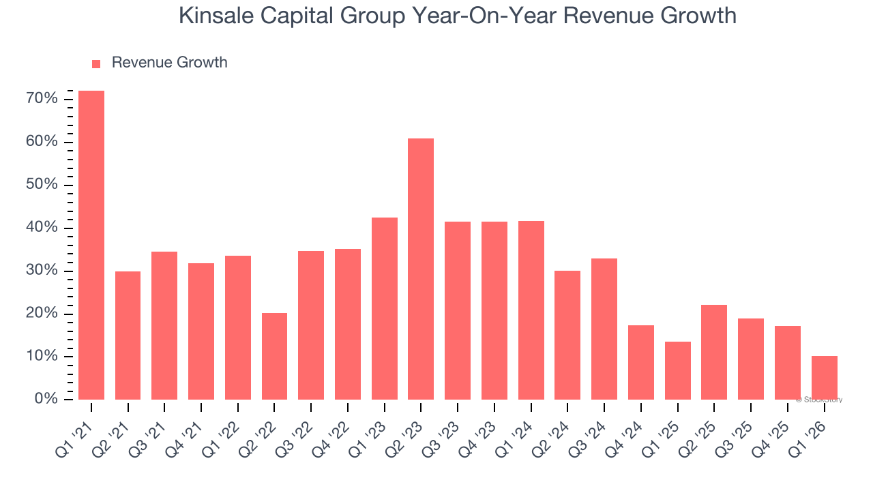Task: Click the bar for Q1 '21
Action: [x=91, y=245]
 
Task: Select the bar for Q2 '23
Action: [x=421, y=269]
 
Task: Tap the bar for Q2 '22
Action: [x=274, y=356]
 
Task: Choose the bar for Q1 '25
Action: [x=677, y=370]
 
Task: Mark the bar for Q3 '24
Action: [x=604, y=329]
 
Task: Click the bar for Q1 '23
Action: [x=384, y=308]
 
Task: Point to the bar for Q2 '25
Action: [x=714, y=352]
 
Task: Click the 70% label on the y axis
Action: [x=42, y=100]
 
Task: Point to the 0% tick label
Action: [x=46, y=399]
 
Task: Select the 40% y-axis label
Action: [x=42, y=228]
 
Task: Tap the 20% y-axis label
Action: [x=42, y=314]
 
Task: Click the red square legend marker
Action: [x=96, y=63]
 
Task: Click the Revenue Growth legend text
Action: [x=169, y=63]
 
